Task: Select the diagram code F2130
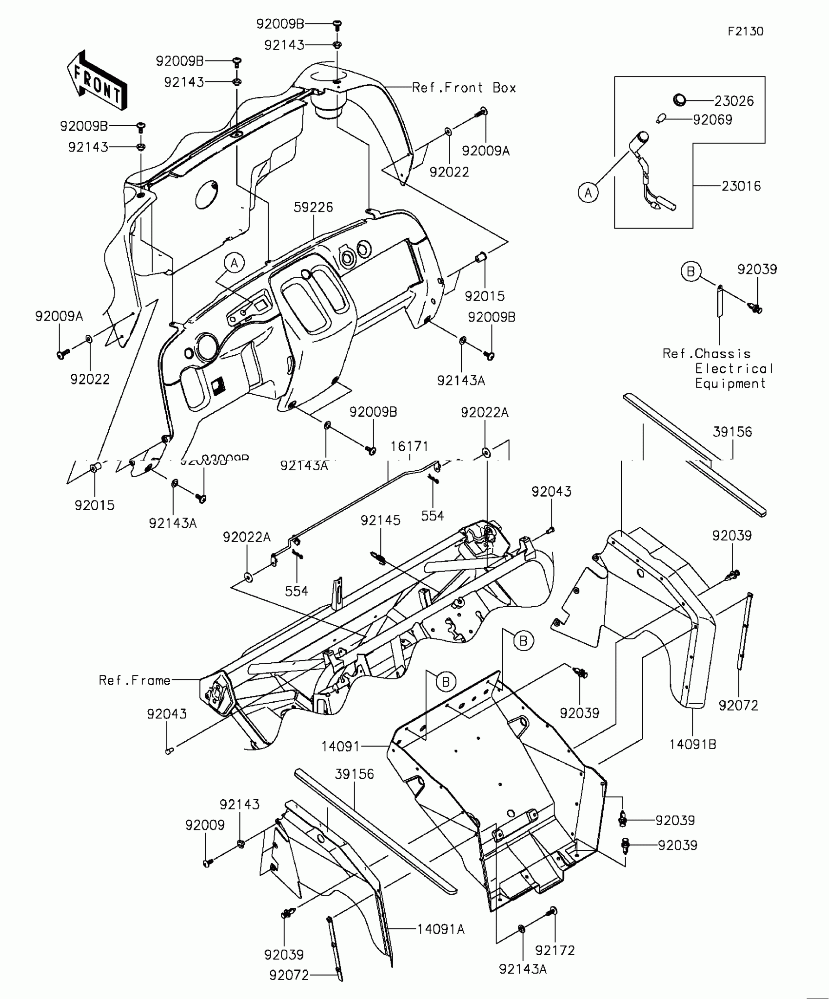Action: (745, 32)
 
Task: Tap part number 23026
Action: (734, 101)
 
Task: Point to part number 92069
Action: (712, 120)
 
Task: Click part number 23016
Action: (741, 186)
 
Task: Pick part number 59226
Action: (313, 208)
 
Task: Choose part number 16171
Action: (409, 446)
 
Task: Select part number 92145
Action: (380, 520)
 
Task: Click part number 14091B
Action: (692, 745)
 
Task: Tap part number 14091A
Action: (440, 930)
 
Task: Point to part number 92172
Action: (555, 950)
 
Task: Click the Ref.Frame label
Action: (135, 680)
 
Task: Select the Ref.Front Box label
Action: (464, 88)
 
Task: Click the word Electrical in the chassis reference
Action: (734, 369)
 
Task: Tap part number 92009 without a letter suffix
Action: (205, 825)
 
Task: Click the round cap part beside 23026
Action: (679, 100)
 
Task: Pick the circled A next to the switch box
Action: (588, 193)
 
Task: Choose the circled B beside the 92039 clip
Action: (691, 271)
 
